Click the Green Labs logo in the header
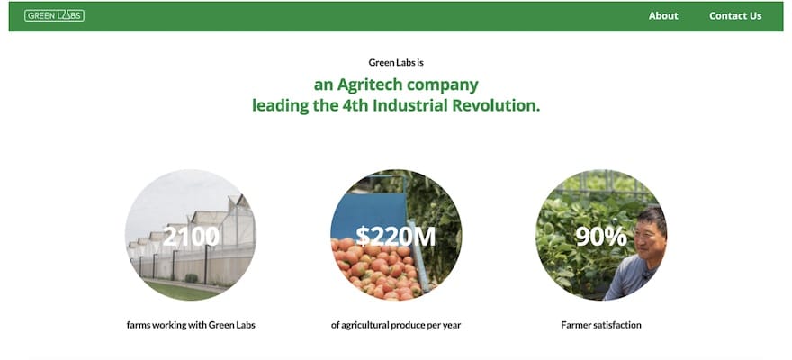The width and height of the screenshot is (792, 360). [x=55, y=15]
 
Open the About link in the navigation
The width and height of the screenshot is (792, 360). [x=663, y=15]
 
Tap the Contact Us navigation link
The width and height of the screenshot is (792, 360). [x=735, y=15]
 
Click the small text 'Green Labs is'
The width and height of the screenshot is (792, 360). [x=396, y=63]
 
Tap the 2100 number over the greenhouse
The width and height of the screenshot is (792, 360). [x=191, y=237]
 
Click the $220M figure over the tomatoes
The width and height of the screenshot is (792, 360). [x=395, y=237]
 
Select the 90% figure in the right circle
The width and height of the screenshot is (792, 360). [x=601, y=237]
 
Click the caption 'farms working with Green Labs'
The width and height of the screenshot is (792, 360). [x=191, y=325]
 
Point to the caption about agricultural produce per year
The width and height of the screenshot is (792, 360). [x=396, y=325]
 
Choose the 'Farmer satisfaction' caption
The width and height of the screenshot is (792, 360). [x=601, y=325]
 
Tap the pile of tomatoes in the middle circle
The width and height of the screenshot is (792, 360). [x=376, y=270]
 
